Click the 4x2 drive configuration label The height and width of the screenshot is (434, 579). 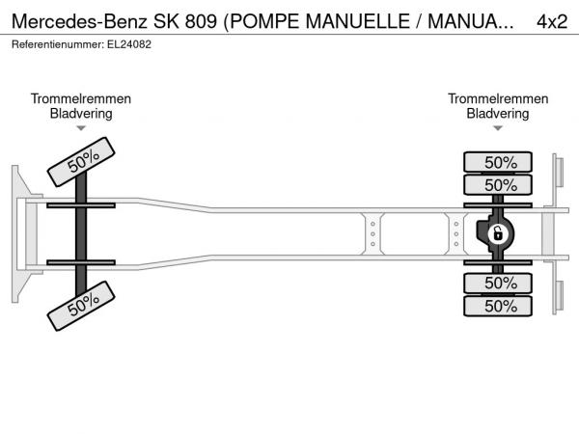[x=552, y=22]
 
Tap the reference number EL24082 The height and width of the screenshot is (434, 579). [x=129, y=44]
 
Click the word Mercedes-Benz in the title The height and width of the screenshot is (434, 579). [x=80, y=22]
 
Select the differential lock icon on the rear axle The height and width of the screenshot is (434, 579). [x=497, y=233]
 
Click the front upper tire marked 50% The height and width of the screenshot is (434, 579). [x=81, y=162]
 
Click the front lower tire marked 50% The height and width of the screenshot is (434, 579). [x=81, y=306]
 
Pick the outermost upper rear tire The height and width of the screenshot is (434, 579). [x=498, y=162]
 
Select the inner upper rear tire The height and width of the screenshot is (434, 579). [x=498, y=184]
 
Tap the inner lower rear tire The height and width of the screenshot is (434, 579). [x=498, y=284]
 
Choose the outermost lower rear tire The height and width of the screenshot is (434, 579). [x=498, y=306]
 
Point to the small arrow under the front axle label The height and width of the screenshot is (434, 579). [x=81, y=128]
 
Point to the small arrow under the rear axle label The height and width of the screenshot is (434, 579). [x=498, y=128]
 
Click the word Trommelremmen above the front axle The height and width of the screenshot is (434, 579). [x=81, y=99]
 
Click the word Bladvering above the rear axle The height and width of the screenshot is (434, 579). [x=498, y=114]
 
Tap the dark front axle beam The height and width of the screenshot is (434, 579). [x=81, y=234]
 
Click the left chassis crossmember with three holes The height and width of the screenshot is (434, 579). [x=372, y=234]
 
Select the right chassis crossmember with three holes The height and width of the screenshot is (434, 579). [x=456, y=234]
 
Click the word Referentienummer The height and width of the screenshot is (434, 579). [x=58, y=44]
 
